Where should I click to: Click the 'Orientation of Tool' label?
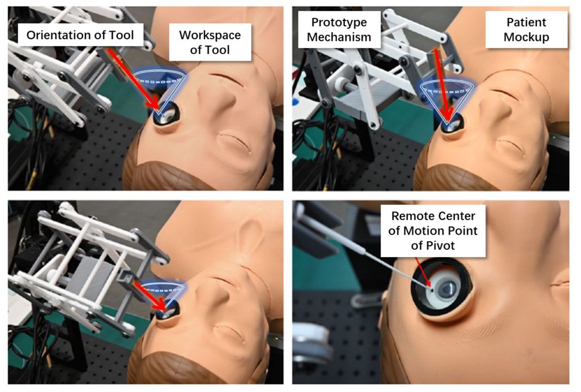[80, 35]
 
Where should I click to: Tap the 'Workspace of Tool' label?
[210, 42]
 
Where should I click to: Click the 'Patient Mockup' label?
[526, 30]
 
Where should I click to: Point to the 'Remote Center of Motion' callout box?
[433, 230]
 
